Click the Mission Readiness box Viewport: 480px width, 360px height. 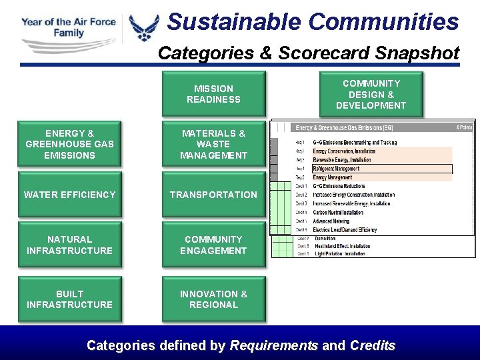213,94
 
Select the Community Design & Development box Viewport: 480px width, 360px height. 371,94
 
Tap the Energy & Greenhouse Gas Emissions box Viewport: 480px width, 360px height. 69,144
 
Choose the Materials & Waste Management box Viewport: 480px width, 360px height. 213,144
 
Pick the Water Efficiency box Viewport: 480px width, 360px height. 69,195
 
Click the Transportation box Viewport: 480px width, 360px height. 213,195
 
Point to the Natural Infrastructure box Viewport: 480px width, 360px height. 69,245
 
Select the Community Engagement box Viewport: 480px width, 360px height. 213,245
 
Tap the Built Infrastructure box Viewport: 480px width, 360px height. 69,299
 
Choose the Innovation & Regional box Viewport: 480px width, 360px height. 213,299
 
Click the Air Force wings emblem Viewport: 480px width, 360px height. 144,28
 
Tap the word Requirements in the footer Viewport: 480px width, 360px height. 273,345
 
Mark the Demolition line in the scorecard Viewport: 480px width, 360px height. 327,238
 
